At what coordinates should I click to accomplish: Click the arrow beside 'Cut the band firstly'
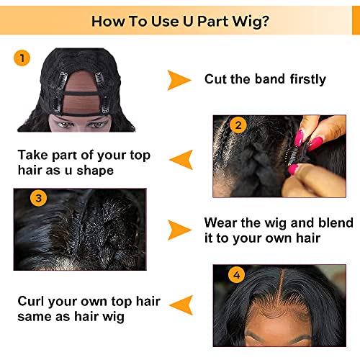(x=179, y=80)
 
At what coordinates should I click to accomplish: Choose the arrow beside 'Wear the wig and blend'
(x=179, y=230)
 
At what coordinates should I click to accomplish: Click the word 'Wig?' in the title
(x=249, y=21)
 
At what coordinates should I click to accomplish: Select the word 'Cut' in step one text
(x=217, y=79)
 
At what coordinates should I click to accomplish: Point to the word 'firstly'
(x=302, y=79)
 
